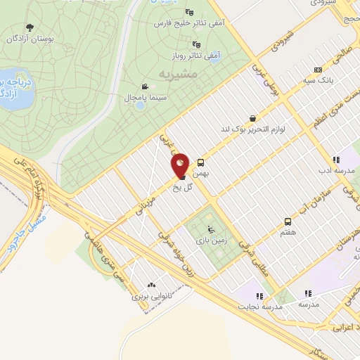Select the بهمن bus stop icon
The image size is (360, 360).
(200, 161)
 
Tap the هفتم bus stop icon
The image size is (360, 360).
(287, 221)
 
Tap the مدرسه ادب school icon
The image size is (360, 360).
(336, 160)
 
